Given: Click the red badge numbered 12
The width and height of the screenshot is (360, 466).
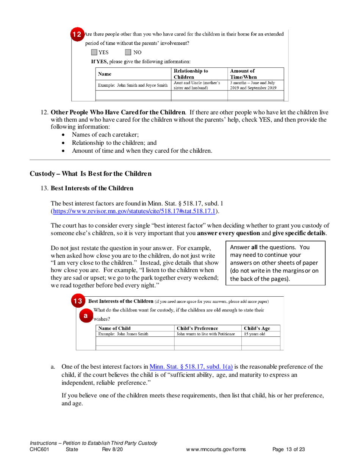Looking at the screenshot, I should click(x=77, y=34).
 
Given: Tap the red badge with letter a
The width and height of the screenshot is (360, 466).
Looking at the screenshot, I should click(x=86, y=315).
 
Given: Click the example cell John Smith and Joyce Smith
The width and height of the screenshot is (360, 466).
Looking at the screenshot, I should click(x=132, y=85).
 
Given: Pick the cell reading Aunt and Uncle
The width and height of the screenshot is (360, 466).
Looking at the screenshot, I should click(x=199, y=85).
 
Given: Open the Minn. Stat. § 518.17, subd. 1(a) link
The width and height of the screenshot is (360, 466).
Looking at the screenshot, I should click(x=191, y=366).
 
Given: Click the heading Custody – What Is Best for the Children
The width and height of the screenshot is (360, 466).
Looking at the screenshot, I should click(x=91, y=174).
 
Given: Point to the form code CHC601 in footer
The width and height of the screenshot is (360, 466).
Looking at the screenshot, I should click(x=39, y=449).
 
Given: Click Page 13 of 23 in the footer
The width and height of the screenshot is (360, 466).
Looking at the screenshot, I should click(x=289, y=449).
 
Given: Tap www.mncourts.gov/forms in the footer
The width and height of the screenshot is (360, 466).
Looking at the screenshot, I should click(x=216, y=449).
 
